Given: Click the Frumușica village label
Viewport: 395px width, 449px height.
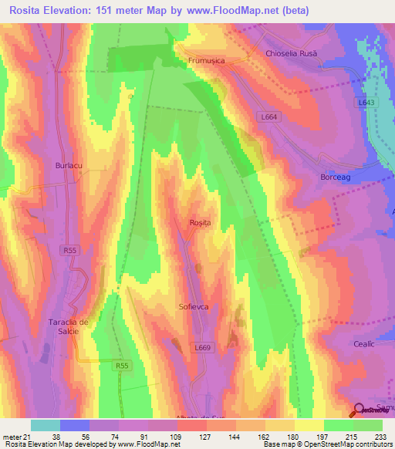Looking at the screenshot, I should [206, 59].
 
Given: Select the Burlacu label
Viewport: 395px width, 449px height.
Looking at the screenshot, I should [68, 165].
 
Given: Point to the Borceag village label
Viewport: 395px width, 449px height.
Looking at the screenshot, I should [336, 177].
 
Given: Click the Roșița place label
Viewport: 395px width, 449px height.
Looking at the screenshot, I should [200, 223].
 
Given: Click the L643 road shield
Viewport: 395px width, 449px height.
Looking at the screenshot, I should [366, 101].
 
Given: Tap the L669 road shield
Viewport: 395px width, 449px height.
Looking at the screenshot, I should [202, 348].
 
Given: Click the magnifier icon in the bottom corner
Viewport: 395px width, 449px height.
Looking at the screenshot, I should [360, 410].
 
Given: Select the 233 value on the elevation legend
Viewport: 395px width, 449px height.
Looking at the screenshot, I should [380, 436].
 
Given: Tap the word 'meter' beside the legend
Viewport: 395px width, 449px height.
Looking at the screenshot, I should [11, 436].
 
